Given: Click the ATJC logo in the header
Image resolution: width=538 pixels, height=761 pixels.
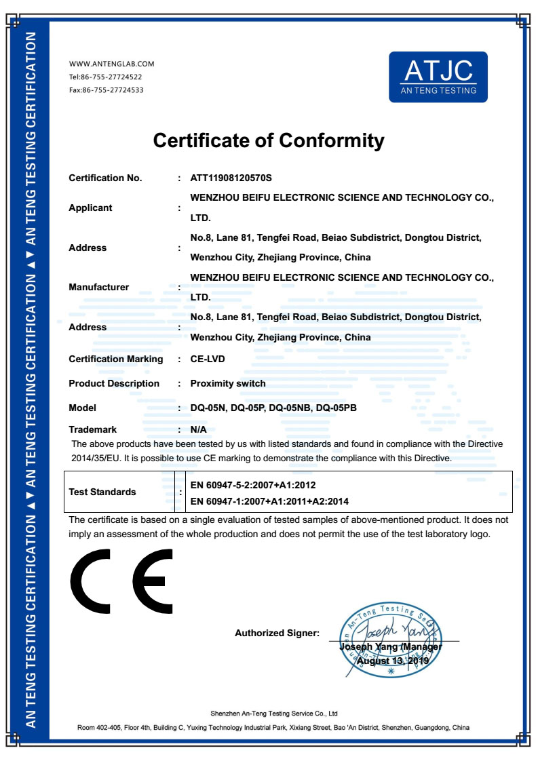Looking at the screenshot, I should tap(438, 77).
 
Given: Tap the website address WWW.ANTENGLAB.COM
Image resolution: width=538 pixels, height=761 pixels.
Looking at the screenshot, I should tap(112, 64).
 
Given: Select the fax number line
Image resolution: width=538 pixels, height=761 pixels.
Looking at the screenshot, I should tap(106, 90).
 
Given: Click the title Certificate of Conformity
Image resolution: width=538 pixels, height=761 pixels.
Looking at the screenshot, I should tap(269, 140).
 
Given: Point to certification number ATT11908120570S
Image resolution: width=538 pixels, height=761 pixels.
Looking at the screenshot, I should tap(231, 178).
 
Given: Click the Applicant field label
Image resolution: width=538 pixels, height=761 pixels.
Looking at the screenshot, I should tap(90, 208).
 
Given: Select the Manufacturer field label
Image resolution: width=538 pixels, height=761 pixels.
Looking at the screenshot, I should tap(98, 287).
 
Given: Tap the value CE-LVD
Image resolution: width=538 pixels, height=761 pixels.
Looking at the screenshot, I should tap(208, 359).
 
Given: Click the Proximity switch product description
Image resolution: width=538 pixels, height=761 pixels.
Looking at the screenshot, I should tap(228, 383).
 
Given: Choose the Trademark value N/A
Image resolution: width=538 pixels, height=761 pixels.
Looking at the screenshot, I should tap(198, 429).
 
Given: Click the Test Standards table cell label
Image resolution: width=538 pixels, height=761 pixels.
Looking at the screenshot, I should tap(102, 492).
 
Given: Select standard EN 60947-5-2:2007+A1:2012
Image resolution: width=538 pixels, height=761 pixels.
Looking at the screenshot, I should tap(253, 486).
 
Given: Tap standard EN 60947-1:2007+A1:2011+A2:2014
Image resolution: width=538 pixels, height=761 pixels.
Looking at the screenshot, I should tap(269, 501).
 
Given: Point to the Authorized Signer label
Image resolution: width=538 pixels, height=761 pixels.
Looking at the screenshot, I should tap(277, 633).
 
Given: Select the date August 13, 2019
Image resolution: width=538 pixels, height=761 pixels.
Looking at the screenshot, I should tap(389, 661).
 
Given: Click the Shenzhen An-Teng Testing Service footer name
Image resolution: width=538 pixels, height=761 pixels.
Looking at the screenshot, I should tap(273, 714).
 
